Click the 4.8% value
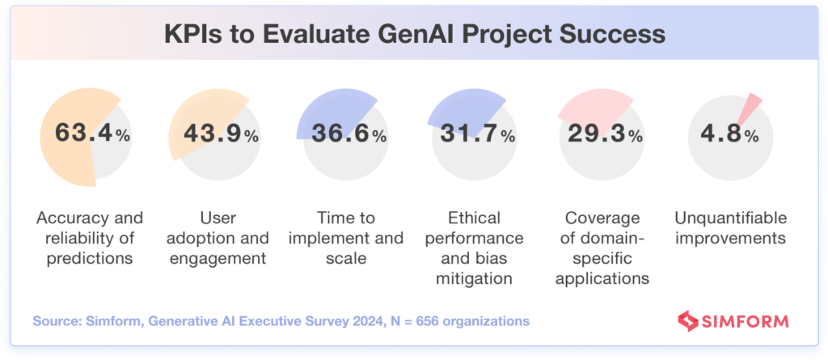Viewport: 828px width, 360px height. pos(731,133)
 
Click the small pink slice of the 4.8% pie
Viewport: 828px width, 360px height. pos(752,106)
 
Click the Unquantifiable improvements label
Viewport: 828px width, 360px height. pos(731,228)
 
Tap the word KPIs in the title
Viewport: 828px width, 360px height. pos(190,36)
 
